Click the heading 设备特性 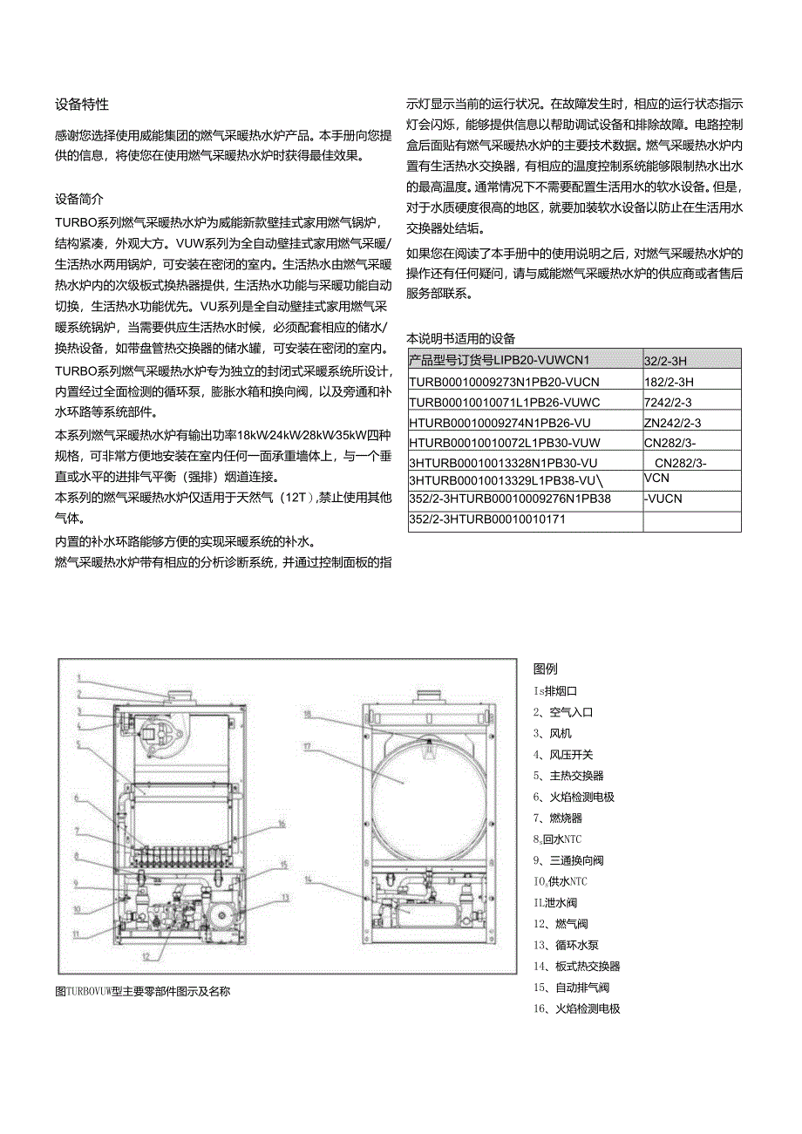click(82, 105)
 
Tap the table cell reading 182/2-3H click(668, 381)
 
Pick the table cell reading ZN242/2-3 click(672, 423)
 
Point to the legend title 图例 click(545, 669)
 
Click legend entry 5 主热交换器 click(568, 776)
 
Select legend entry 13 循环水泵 click(566, 945)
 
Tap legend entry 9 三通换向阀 click(568, 860)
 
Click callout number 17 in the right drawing click(308, 747)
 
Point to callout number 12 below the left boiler click(146, 956)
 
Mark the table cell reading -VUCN click(663, 499)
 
